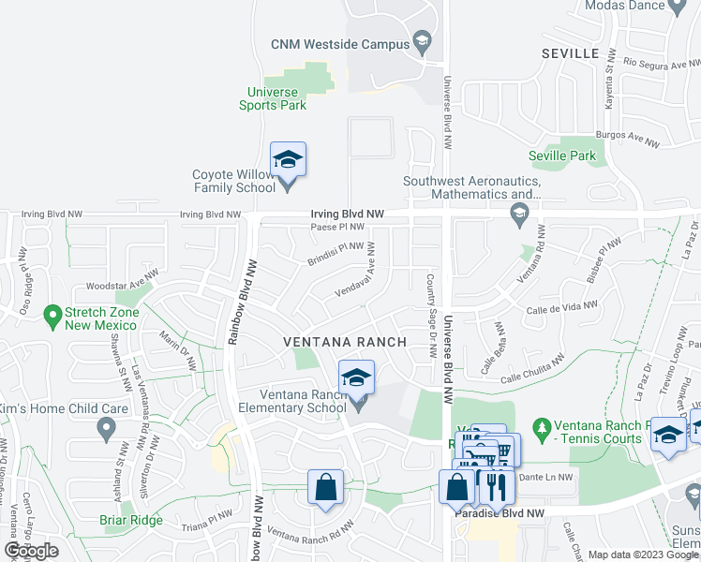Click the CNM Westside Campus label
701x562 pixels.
(339, 44)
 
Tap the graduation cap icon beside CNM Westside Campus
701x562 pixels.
(423, 43)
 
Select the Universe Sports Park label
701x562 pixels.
(272, 98)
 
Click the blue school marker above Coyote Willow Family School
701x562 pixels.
(289, 159)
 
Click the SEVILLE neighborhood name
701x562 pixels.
(570, 54)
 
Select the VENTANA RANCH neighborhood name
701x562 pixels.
(345, 342)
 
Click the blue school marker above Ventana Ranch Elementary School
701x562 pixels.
(356, 377)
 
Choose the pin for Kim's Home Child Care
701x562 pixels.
(106, 429)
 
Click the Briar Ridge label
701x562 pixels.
(131, 520)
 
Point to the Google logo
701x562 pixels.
(31, 551)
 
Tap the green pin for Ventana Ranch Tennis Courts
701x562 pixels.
(541, 427)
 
